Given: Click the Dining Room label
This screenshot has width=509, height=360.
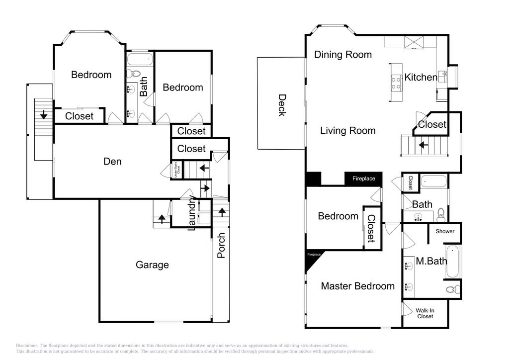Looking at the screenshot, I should (x=343, y=55).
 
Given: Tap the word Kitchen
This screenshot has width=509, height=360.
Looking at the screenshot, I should (x=421, y=77).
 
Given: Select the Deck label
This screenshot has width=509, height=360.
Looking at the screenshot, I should (x=281, y=105).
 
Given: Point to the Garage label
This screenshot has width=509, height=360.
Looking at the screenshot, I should (x=152, y=265).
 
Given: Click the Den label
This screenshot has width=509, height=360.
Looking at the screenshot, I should (x=112, y=162).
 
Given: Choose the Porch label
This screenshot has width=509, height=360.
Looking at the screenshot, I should (x=221, y=245).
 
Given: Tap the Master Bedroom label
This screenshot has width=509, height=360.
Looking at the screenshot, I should (x=357, y=286).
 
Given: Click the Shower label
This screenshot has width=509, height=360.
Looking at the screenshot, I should (x=445, y=231).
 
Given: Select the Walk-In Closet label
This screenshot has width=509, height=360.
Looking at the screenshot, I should (x=425, y=313).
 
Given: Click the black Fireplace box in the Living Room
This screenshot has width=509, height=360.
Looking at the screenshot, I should (x=364, y=179).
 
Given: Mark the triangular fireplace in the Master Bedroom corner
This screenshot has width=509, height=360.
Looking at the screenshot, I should (x=312, y=258).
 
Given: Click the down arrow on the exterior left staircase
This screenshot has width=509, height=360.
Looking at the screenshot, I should (x=44, y=115).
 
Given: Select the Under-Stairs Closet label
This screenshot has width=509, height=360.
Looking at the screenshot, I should (x=177, y=170).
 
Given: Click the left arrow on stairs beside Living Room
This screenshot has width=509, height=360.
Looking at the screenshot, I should (x=424, y=145).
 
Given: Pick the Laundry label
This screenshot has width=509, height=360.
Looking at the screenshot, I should (x=192, y=214).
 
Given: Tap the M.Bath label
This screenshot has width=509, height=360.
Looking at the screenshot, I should (x=431, y=261).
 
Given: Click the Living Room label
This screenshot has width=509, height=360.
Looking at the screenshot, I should (x=347, y=131).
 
